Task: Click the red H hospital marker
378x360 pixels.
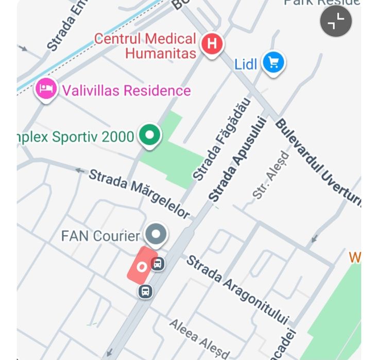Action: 211,43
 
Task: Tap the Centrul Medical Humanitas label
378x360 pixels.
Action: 146,45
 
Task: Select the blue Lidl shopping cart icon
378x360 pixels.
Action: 273,63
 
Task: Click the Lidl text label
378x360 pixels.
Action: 246,65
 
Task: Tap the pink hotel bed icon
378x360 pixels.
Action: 46,89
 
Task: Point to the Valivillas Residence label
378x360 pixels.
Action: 126,91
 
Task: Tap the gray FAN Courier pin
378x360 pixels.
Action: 156,234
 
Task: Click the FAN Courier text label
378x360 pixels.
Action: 100,236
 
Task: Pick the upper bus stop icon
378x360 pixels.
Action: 158,264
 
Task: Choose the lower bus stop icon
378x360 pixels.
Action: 146,292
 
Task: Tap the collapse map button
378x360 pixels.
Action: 336,22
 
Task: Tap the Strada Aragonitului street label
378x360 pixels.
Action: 237,289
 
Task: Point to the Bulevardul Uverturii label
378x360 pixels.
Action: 317,162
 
